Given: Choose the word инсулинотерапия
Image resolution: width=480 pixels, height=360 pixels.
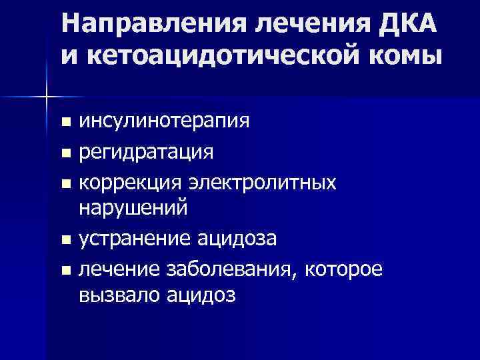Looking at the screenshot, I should [x=165, y=121].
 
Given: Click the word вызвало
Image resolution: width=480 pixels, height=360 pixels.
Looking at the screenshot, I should [x=117, y=295].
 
